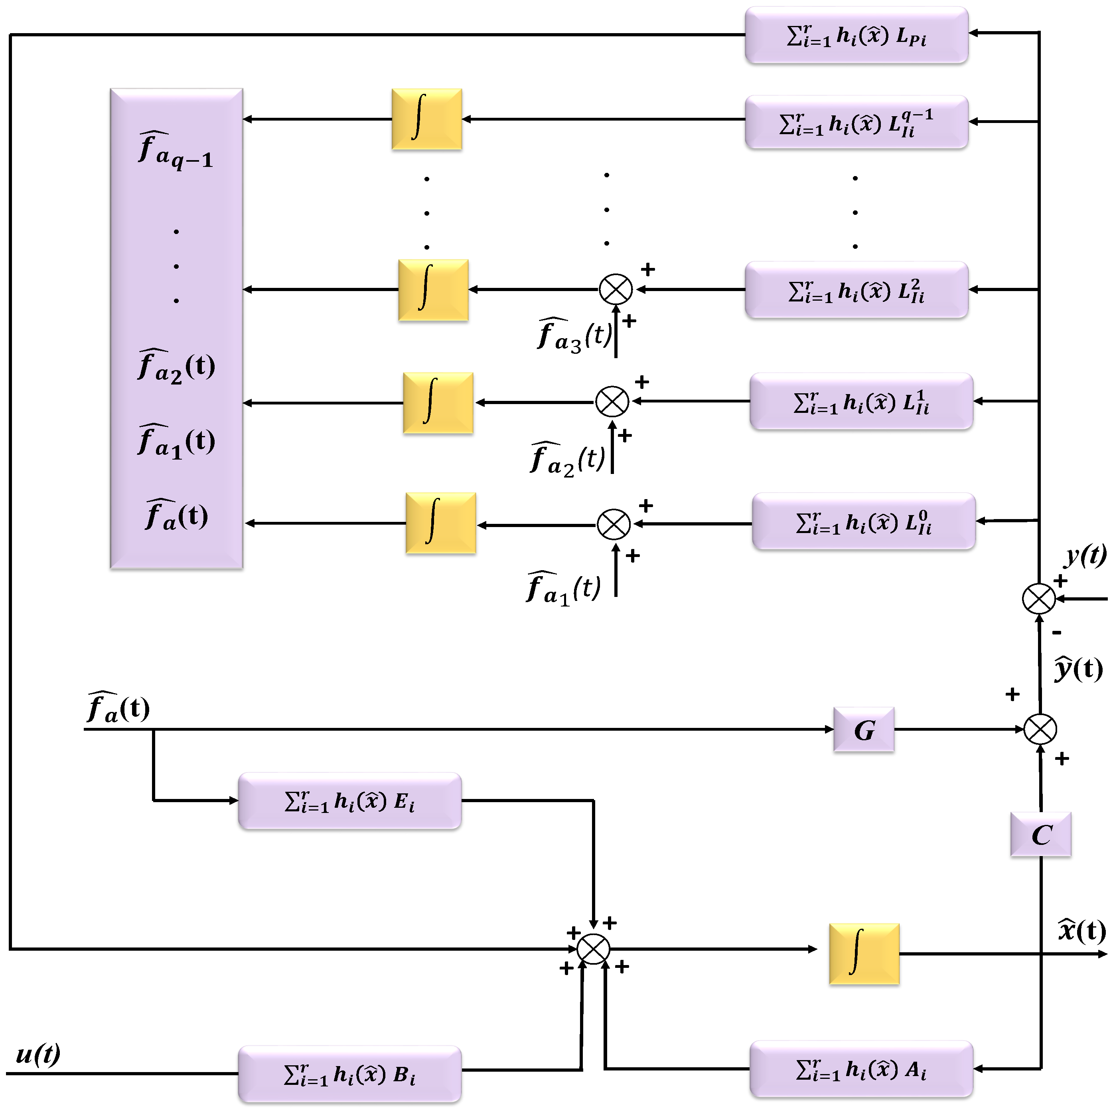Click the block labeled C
[1040, 834]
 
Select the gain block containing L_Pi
[856, 35]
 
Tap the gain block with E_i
[350, 800]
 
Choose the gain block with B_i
[350, 1073]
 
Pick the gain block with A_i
[860, 1069]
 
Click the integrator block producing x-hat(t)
[864, 953]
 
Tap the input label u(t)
[38, 1054]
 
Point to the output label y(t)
[1085, 555]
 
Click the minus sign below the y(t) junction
[1056, 632]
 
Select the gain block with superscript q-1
[856, 122]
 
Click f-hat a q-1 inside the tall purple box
[176, 151]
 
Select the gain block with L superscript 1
[860, 401]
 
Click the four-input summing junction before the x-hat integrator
[593, 948]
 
